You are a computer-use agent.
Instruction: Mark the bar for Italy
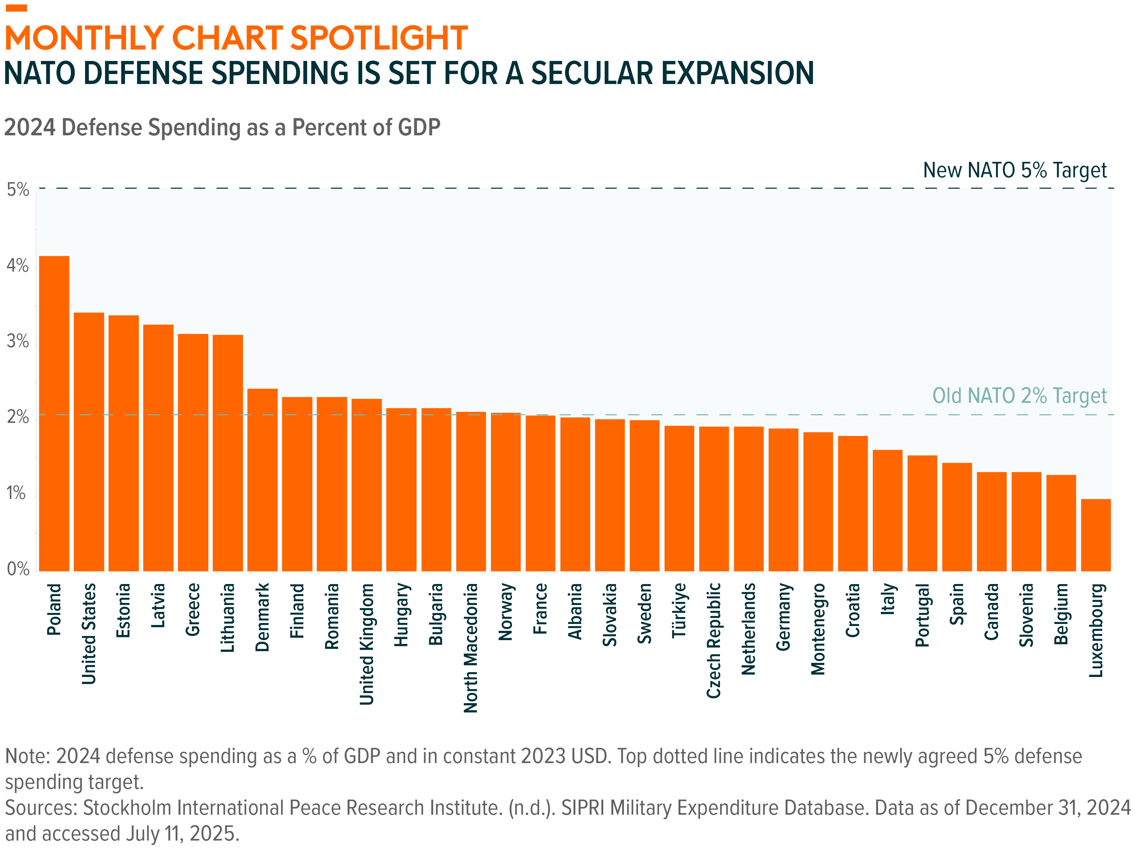(887, 510)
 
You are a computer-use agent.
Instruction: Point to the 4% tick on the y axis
(17, 266)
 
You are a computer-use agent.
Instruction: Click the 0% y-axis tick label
(18, 569)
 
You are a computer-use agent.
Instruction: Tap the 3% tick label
(17, 342)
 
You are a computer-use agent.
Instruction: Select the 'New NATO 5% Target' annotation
(1014, 170)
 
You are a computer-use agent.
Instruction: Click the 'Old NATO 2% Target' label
(1019, 396)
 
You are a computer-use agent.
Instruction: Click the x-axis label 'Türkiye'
(679, 611)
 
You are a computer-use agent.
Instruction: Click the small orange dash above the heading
(16, 8)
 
